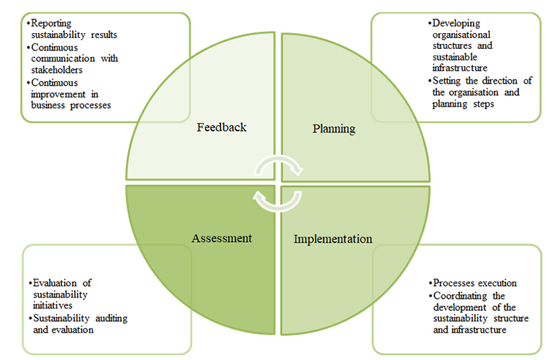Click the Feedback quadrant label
[x=222, y=127]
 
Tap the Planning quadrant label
[x=334, y=129]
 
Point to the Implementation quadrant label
[x=333, y=239]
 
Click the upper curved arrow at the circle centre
[x=279, y=164]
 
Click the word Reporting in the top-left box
[x=50, y=24]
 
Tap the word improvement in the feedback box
[x=60, y=94]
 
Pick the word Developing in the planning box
[x=456, y=24]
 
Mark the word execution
[x=497, y=283]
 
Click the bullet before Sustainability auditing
[x=29, y=318]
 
